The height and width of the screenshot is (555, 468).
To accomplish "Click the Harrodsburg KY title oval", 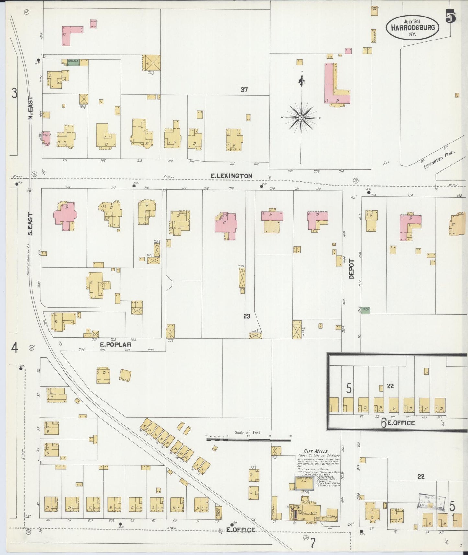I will (x=412, y=28).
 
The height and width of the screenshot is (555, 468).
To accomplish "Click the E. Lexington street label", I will (x=231, y=176).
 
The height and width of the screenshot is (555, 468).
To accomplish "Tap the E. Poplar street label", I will (x=116, y=345).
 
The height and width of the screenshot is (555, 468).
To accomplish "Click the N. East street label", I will (x=31, y=108).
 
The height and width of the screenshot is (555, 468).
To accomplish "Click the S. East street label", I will (x=30, y=224).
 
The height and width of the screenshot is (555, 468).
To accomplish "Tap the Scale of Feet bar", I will (x=248, y=440).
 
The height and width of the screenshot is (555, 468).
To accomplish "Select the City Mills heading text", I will (x=316, y=451).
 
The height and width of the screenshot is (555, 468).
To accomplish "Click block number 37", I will (x=244, y=90).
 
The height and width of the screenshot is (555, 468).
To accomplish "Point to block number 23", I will (x=247, y=316).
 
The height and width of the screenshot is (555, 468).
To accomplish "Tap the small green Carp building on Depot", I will (x=365, y=310).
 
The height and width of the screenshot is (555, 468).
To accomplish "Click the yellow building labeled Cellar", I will (x=125, y=375).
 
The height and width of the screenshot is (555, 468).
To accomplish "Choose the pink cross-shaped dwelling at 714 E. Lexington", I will (x=65, y=215).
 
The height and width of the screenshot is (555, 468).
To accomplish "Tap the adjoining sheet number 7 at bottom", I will (x=313, y=543).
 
